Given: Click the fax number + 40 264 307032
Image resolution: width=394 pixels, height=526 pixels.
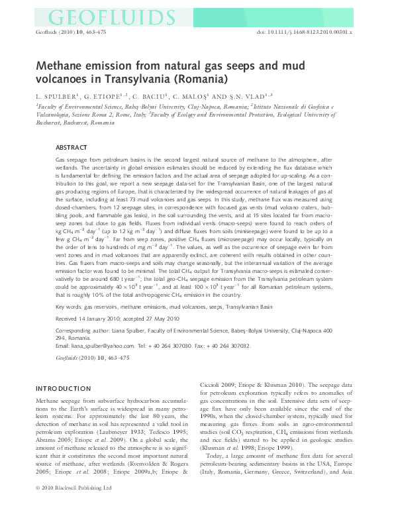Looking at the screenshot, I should tap(228, 346).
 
